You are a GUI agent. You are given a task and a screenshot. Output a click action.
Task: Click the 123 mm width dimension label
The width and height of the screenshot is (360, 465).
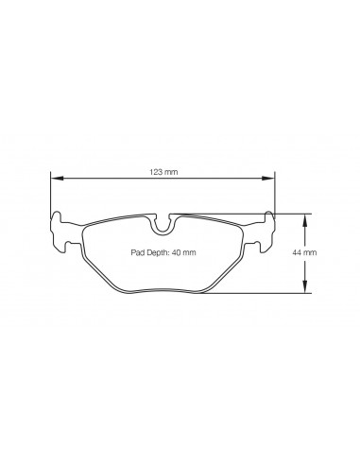[163, 173]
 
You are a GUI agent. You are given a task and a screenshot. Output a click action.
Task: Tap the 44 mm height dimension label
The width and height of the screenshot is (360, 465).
[330, 252]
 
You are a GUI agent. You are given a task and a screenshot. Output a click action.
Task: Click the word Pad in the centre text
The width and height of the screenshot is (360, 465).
[138, 252]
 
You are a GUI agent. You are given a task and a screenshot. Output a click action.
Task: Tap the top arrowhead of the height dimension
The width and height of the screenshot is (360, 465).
[305, 218]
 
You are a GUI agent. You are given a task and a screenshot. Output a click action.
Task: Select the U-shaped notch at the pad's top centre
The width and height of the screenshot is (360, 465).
[163, 225]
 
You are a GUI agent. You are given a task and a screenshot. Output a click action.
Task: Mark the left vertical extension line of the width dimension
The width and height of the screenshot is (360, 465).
[50, 194]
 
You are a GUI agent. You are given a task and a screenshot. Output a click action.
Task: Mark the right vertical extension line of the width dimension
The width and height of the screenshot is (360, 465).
[275, 194]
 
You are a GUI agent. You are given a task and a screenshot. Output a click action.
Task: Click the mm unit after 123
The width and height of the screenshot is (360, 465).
[171, 173]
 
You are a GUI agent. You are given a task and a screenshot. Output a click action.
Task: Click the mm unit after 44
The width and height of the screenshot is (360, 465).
[335, 252]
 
